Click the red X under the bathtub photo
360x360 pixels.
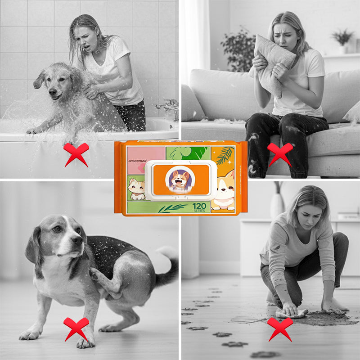(76, 154)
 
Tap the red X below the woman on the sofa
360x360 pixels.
(280, 154)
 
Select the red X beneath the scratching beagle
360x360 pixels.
(76, 328)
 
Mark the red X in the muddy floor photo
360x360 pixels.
(280, 328)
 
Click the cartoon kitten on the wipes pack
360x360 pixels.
(137, 189)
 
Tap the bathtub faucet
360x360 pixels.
(168, 107)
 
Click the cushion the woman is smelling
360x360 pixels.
(273, 63)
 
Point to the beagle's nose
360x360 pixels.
(78, 241)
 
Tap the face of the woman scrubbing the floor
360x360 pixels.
(302, 207)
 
